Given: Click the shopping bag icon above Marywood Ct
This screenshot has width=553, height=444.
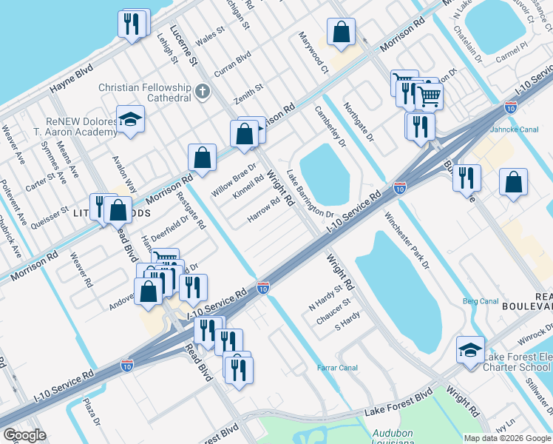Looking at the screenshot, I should pyautogui.click(x=342, y=32).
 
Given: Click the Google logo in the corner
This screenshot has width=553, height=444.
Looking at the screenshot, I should pyautogui.click(x=24, y=435).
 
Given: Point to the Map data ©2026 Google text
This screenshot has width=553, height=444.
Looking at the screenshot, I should pyautogui.click(x=507, y=438).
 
